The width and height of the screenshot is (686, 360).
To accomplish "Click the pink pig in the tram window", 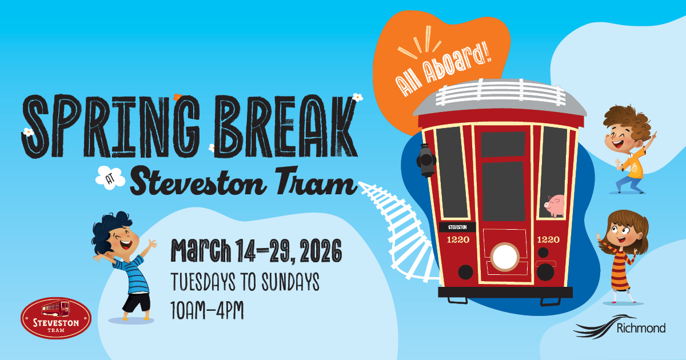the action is point(555,205).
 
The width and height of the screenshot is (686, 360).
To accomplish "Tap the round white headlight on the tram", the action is point(505,257).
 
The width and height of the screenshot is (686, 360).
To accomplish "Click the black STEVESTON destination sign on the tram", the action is point(457,227).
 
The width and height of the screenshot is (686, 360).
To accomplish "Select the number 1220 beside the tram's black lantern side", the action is point(458,239).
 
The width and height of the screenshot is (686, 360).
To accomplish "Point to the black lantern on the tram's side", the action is point(426,161).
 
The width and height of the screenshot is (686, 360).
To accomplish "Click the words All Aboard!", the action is point(443,70).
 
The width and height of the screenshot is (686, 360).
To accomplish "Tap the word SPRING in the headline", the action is point(111,126).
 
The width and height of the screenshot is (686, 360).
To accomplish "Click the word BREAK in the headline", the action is point(285,126).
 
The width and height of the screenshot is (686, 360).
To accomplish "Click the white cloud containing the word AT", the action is point(110,178).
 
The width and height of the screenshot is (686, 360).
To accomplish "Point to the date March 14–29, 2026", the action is point(256,250).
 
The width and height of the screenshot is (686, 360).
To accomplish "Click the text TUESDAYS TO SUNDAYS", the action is point(245,282).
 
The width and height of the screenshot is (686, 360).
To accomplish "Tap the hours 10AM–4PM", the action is point(207,310).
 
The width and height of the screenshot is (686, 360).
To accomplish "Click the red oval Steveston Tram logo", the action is point(56,318).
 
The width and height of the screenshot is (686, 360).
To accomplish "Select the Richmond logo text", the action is point(641,328).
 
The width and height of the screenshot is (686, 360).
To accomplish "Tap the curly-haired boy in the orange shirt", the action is point(629,149).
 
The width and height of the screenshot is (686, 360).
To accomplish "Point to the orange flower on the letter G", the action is point(177,97).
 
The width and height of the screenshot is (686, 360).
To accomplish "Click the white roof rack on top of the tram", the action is point(500,92).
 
